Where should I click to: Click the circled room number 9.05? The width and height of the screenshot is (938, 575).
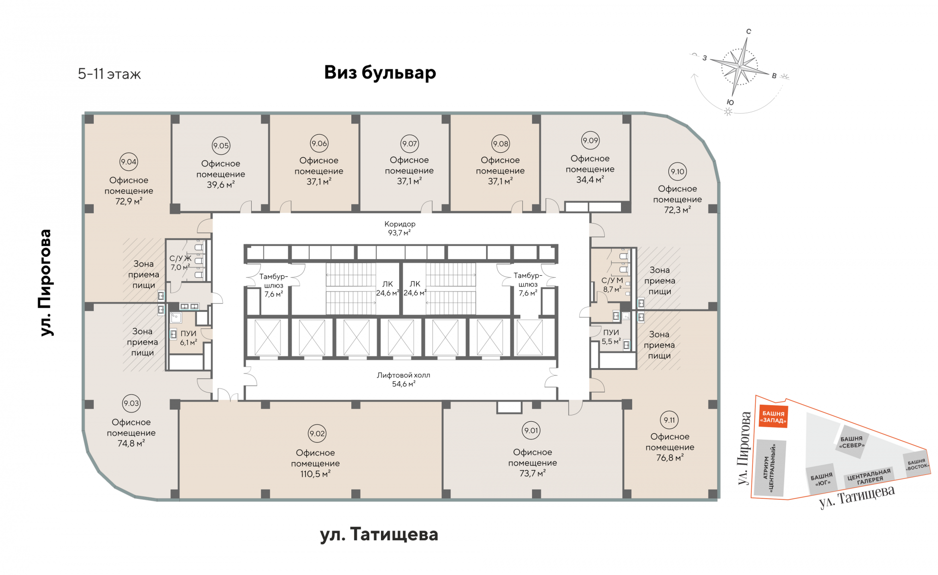coord(221,145)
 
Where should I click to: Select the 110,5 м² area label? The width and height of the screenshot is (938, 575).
coord(315,474)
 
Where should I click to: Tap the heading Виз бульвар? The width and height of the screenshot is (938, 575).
coord(380,72)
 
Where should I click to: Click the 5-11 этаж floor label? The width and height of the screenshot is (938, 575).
coord(109,74)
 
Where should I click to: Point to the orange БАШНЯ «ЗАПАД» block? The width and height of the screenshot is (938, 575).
coord(773,417)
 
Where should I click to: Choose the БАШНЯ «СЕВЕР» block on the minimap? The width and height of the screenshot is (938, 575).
coord(852,442)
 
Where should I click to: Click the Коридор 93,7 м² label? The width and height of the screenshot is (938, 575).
coord(400,228)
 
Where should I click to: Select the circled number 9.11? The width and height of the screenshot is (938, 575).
coord(669,420)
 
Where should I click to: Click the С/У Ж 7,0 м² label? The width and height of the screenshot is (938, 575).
coord(180,263)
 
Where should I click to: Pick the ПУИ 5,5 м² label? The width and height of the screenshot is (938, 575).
coord(611,337)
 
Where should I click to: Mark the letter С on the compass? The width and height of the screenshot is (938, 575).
coord(748,32)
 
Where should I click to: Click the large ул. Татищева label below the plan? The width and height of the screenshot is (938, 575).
coord(379,534)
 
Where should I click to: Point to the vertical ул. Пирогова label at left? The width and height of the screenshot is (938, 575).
coord(45,283)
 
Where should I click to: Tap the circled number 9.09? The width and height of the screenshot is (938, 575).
coord(590,141)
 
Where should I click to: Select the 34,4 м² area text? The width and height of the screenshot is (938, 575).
coord(590,180)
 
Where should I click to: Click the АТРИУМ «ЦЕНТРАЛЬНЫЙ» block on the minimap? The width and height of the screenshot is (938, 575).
coord(770,468)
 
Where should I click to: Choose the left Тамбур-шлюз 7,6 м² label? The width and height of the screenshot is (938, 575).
coord(273,285)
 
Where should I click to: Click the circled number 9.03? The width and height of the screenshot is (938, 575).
coord(131,403)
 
